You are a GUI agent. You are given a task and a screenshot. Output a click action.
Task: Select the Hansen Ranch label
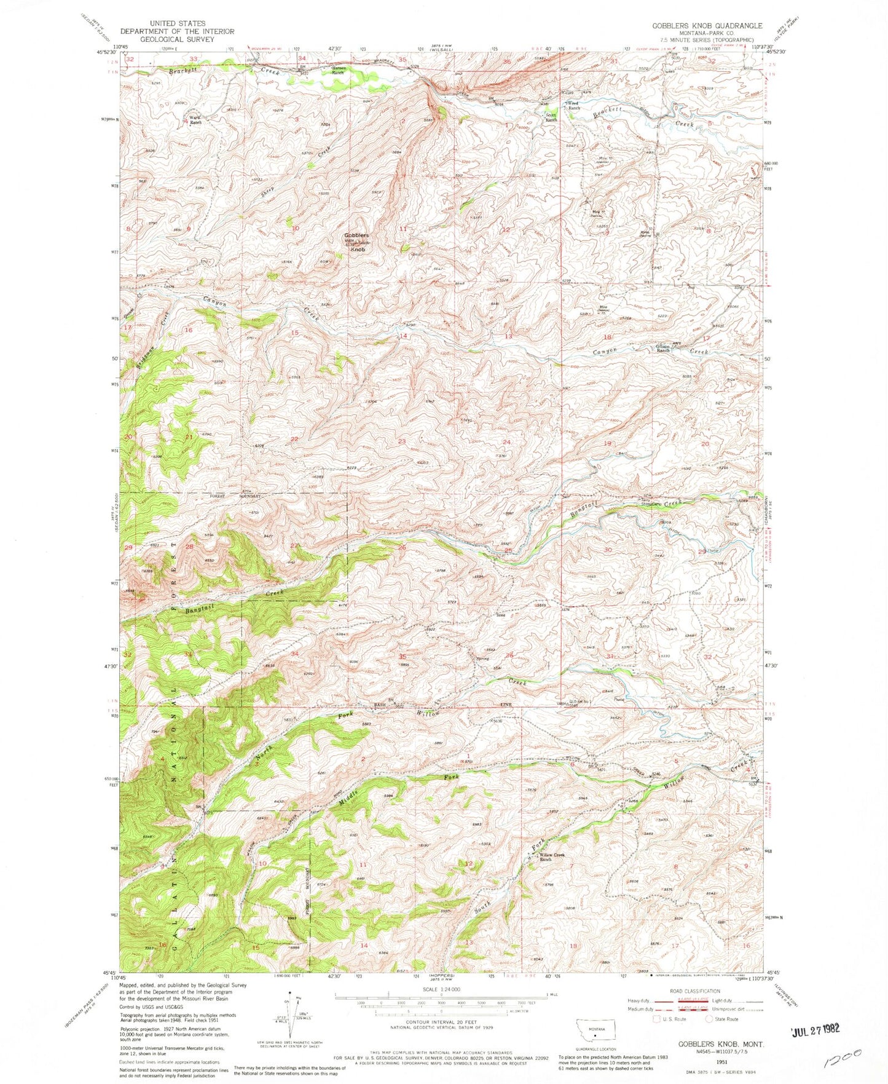(342, 69)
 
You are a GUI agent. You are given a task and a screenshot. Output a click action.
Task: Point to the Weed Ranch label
(573, 106)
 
